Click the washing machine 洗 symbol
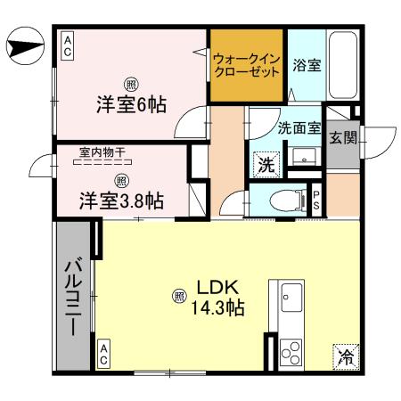(x=266, y=164)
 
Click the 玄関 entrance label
(x=341, y=138)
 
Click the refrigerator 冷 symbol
(x=345, y=356)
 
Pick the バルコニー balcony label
(x=73, y=296)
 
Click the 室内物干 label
(x=100, y=153)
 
